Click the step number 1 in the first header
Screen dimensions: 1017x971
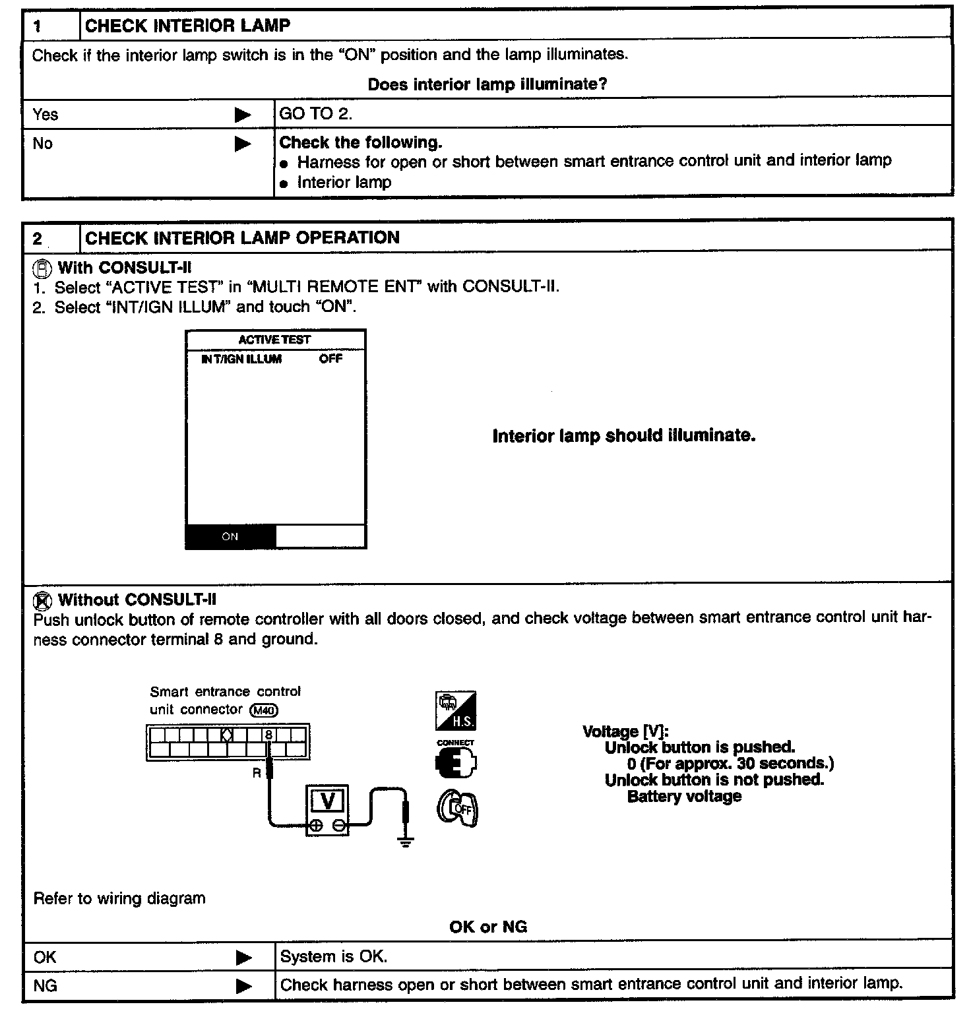pyautogui.click(x=38, y=26)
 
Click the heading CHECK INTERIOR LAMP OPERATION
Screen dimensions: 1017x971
pyautogui.click(x=242, y=238)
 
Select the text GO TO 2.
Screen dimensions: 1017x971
pyautogui.click(x=316, y=114)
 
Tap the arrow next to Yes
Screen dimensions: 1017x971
pyautogui.click(x=243, y=115)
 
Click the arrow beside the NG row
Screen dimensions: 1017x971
pyautogui.click(x=243, y=986)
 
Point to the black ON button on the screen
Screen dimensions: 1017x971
pyautogui.click(x=230, y=536)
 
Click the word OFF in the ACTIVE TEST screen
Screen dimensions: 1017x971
pyautogui.click(x=330, y=359)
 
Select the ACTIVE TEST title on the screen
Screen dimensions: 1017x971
pyautogui.click(x=274, y=340)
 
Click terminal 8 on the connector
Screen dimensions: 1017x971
pyautogui.click(x=268, y=734)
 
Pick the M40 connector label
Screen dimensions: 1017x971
pyautogui.click(x=264, y=710)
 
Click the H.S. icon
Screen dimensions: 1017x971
pyautogui.click(x=455, y=711)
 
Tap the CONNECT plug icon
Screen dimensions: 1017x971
pyautogui.click(x=456, y=761)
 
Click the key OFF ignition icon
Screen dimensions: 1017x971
pyautogui.click(x=456, y=809)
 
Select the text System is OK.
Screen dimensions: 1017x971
pyautogui.click(x=334, y=957)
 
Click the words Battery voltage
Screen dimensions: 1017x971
pyautogui.click(x=684, y=797)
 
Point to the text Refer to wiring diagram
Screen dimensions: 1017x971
pyautogui.click(x=119, y=898)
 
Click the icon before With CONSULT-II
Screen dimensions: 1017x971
pyautogui.click(x=42, y=268)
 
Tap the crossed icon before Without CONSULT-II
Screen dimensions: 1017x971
pyautogui.click(x=42, y=600)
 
